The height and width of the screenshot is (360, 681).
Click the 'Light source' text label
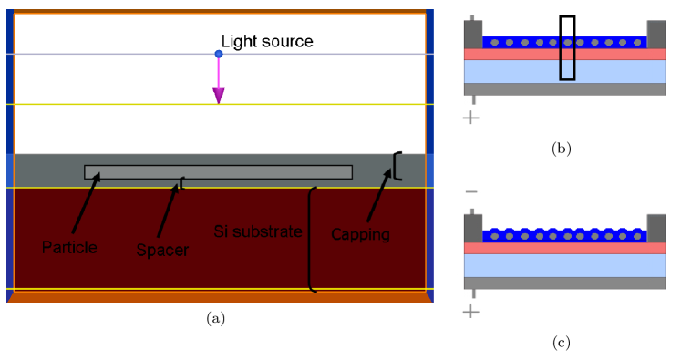click(267, 42)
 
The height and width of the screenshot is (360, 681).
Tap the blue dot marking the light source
click(219, 55)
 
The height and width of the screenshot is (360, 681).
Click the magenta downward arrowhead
click(219, 95)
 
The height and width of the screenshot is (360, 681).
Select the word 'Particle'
click(68, 246)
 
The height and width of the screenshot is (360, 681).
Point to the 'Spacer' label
click(161, 250)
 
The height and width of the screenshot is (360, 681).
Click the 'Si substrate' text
click(258, 231)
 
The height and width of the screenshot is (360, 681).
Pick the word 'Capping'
click(360, 234)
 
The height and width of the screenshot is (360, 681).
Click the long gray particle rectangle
click(218, 172)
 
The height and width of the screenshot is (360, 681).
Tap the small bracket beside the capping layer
click(396, 165)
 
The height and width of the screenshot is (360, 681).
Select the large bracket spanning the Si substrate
click(313, 240)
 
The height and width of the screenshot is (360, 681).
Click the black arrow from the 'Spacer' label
click(170, 210)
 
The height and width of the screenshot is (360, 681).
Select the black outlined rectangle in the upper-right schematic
click(567, 47)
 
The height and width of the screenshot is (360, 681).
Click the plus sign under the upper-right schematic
click(470, 118)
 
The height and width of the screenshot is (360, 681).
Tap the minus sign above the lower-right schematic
click(470, 191)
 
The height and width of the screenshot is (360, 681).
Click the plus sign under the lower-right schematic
click(470, 312)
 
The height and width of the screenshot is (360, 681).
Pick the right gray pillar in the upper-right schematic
click(656, 35)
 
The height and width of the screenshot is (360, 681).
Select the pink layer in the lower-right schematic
click(565, 248)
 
